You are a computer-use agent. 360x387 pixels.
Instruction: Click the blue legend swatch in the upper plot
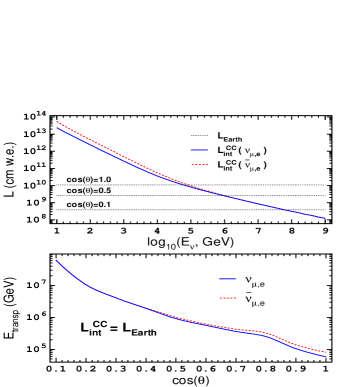(200, 150)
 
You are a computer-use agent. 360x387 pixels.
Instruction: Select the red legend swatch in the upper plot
(200, 164)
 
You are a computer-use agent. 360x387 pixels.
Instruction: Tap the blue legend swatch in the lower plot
(228, 279)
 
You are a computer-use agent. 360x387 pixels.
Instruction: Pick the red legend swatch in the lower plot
(228, 298)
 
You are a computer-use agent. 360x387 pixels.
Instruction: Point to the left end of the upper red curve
(57, 122)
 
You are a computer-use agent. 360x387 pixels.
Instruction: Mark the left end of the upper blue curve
(57, 128)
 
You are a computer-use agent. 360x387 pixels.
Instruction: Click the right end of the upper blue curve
(325, 218)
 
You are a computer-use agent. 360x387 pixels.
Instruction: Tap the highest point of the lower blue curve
(56, 260)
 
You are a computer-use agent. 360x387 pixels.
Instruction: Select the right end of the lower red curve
(327, 352)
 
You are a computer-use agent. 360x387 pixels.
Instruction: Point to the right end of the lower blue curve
(327, 356)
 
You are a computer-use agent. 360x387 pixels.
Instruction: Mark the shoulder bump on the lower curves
(262, 332)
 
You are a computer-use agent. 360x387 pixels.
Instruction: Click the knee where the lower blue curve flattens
(90, 288)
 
